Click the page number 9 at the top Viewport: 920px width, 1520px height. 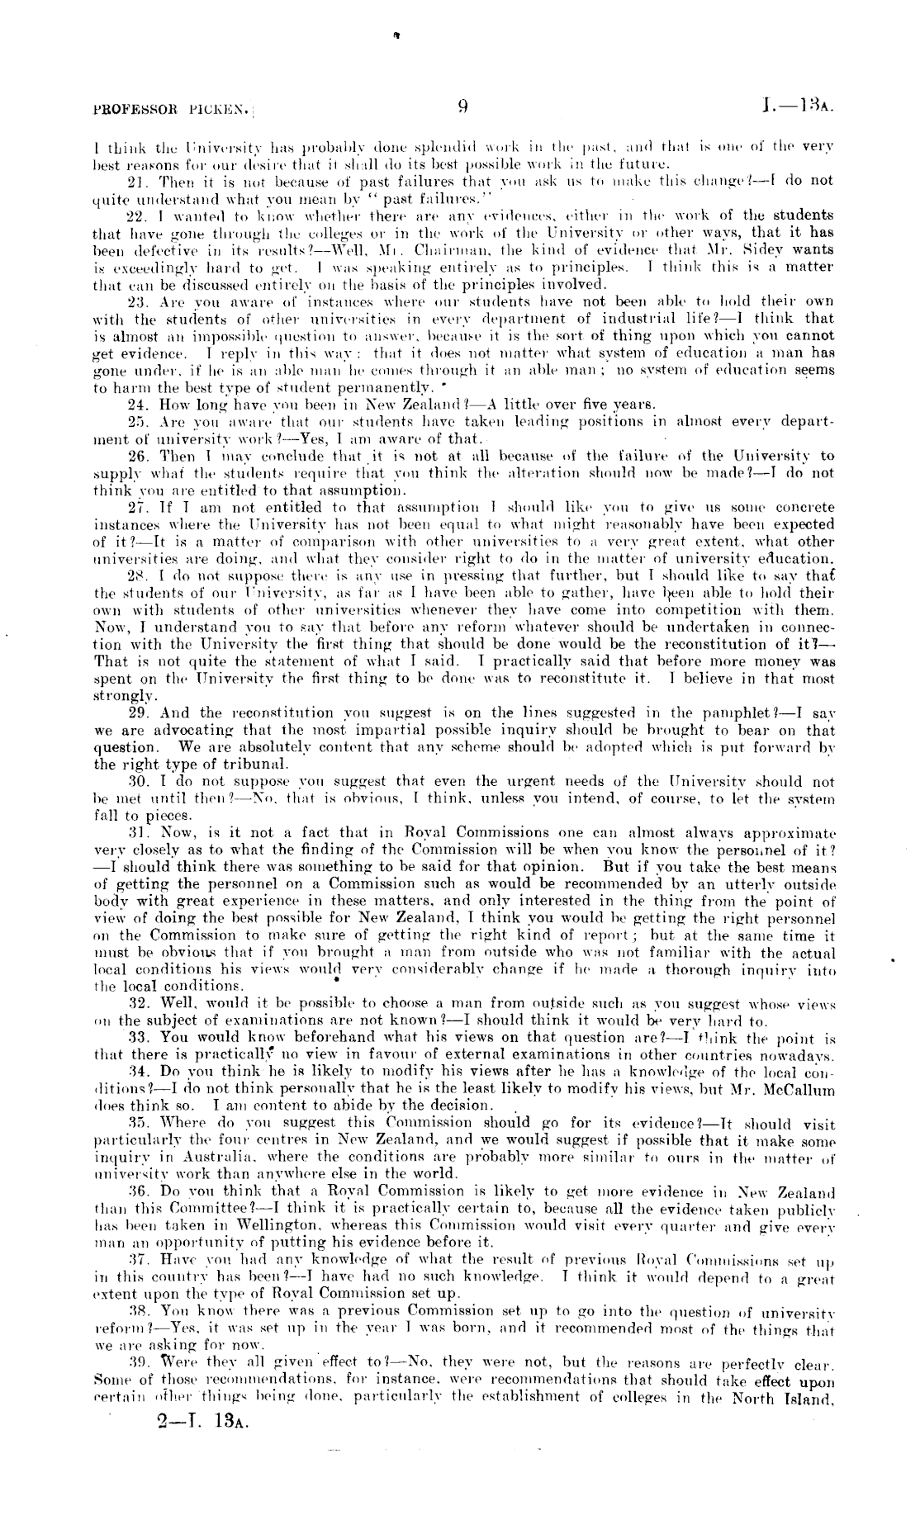point(463,106)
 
